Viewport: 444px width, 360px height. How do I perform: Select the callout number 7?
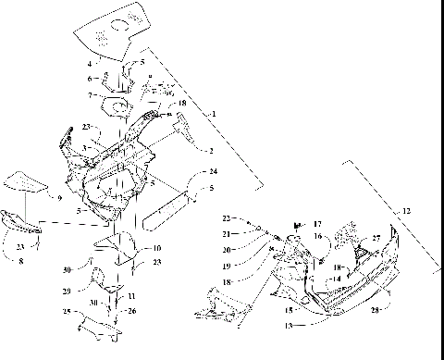coord(89,94)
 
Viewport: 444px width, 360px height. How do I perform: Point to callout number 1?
coord(215,113)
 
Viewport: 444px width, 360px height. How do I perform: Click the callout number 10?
coord(156,248)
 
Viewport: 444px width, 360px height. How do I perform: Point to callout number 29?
coord(92,292)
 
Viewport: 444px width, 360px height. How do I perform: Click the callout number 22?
coord(225,218)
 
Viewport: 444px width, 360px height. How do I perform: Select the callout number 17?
coord(317,224)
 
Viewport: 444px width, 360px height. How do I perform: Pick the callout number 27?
coord(376,239)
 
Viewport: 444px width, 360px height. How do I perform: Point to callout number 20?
coord(226,250)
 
